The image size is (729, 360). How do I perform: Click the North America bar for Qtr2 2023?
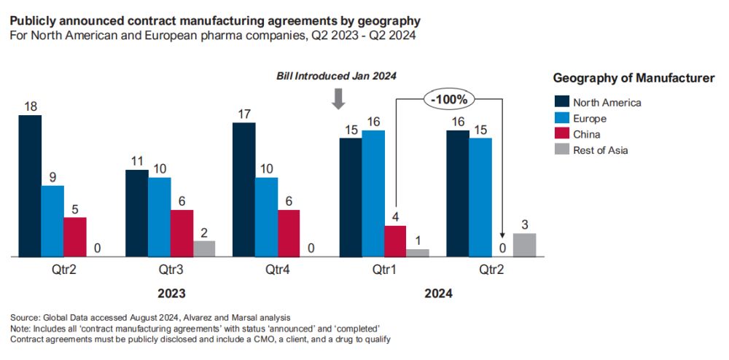tap(30, 186)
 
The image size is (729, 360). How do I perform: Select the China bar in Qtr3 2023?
tap(182, 233)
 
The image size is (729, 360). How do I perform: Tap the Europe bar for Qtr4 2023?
tap(266, 217)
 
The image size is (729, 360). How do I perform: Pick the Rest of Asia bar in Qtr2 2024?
tap(524, 245)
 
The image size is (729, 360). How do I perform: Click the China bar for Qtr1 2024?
tap(395, 241)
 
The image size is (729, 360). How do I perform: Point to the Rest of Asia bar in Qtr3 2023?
tap(204, 249)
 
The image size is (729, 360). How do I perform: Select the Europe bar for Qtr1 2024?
tap(373, 193)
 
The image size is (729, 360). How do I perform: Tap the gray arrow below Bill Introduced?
tap(338, 98)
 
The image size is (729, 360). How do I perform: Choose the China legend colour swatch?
tap(561, 134)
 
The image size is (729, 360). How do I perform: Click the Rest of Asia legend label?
tap(600, 150)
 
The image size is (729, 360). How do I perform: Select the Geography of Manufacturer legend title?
tap(634, 78)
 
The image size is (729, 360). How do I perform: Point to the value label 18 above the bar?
tap(30, 106)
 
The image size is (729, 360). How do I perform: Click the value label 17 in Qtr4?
tap(243, 114)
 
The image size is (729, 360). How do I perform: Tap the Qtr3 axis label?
tap(171, 269)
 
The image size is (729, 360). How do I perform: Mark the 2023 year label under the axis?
tap(171, 294)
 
